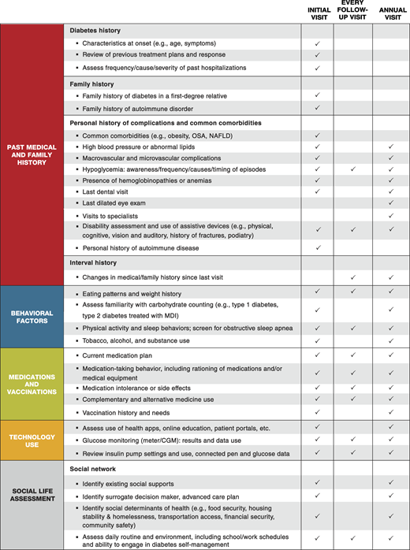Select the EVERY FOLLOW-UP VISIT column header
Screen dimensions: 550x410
click(352, 11)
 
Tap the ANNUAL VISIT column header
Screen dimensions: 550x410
click(391, 11)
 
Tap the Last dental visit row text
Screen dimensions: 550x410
click(117, 191)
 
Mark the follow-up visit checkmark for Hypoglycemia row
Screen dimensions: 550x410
click(352, 169)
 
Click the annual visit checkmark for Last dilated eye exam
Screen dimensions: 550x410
click(391, 203)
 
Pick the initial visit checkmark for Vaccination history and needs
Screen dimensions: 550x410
click(316, 412)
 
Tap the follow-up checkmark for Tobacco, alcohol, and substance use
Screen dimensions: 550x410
click(352, 340)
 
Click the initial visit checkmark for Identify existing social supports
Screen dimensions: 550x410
click(316, 482)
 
